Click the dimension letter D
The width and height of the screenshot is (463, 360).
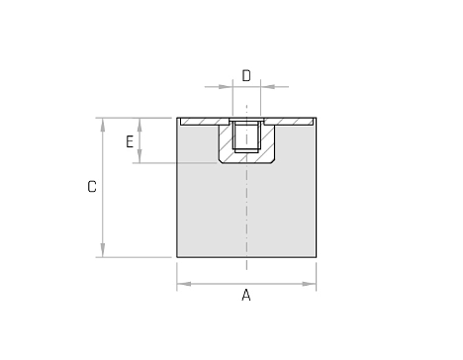[246, 75]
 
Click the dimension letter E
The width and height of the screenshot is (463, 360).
[130, 141]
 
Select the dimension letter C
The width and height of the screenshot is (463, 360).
[92, 187]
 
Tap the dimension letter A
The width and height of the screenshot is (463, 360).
[246, 295]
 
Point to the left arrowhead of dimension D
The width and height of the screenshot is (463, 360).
[226, 87]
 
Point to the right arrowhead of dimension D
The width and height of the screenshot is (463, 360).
[267, 87]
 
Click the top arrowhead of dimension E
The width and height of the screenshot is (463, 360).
[139, 125]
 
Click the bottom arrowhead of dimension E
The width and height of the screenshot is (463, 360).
[139, 156]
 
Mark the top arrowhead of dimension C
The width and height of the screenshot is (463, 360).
[103, 125]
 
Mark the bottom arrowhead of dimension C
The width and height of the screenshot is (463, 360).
[103, 250]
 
